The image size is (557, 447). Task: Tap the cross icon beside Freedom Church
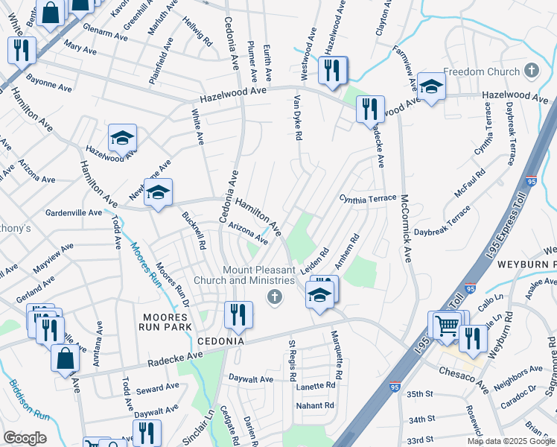click(530, 72)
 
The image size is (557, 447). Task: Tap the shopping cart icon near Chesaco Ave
click(446, 325)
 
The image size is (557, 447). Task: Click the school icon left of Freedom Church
click(431, 87)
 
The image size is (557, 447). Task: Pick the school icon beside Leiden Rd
click(319, 294)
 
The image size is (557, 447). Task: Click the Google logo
click(25, 438)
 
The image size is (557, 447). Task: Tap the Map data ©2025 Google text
click(511, 441)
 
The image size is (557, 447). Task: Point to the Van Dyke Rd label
click(297, 119)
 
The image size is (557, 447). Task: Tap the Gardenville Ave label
click(74, 212)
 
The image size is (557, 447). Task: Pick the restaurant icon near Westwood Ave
click(332, 70)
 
